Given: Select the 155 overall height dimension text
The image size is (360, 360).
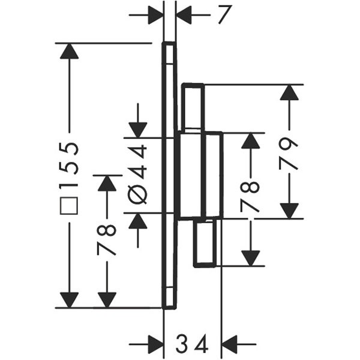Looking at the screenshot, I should tap(71, 167).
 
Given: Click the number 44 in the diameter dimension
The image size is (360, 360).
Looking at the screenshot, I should tap(139, 161).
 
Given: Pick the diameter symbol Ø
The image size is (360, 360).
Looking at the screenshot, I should tap(139, 196).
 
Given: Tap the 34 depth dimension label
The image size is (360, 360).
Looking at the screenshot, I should tap(192, 345).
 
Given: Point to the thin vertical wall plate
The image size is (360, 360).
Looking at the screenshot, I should tap(169, 174).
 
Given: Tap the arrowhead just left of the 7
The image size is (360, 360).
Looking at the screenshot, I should tap(155, 15).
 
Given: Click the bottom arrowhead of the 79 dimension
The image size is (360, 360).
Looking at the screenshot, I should tap(289, 211).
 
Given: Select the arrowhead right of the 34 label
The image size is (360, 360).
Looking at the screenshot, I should tap(230, 345).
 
